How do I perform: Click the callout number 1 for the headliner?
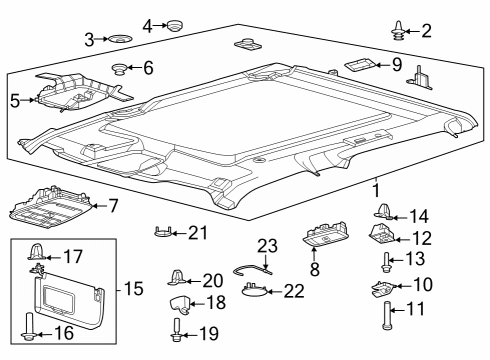[376, 188]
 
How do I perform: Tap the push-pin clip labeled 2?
[399, 30]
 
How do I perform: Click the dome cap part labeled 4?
[177, 24]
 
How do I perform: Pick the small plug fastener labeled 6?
[119, 69]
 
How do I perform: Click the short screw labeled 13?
[385, 263]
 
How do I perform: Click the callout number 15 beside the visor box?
[134, 289]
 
